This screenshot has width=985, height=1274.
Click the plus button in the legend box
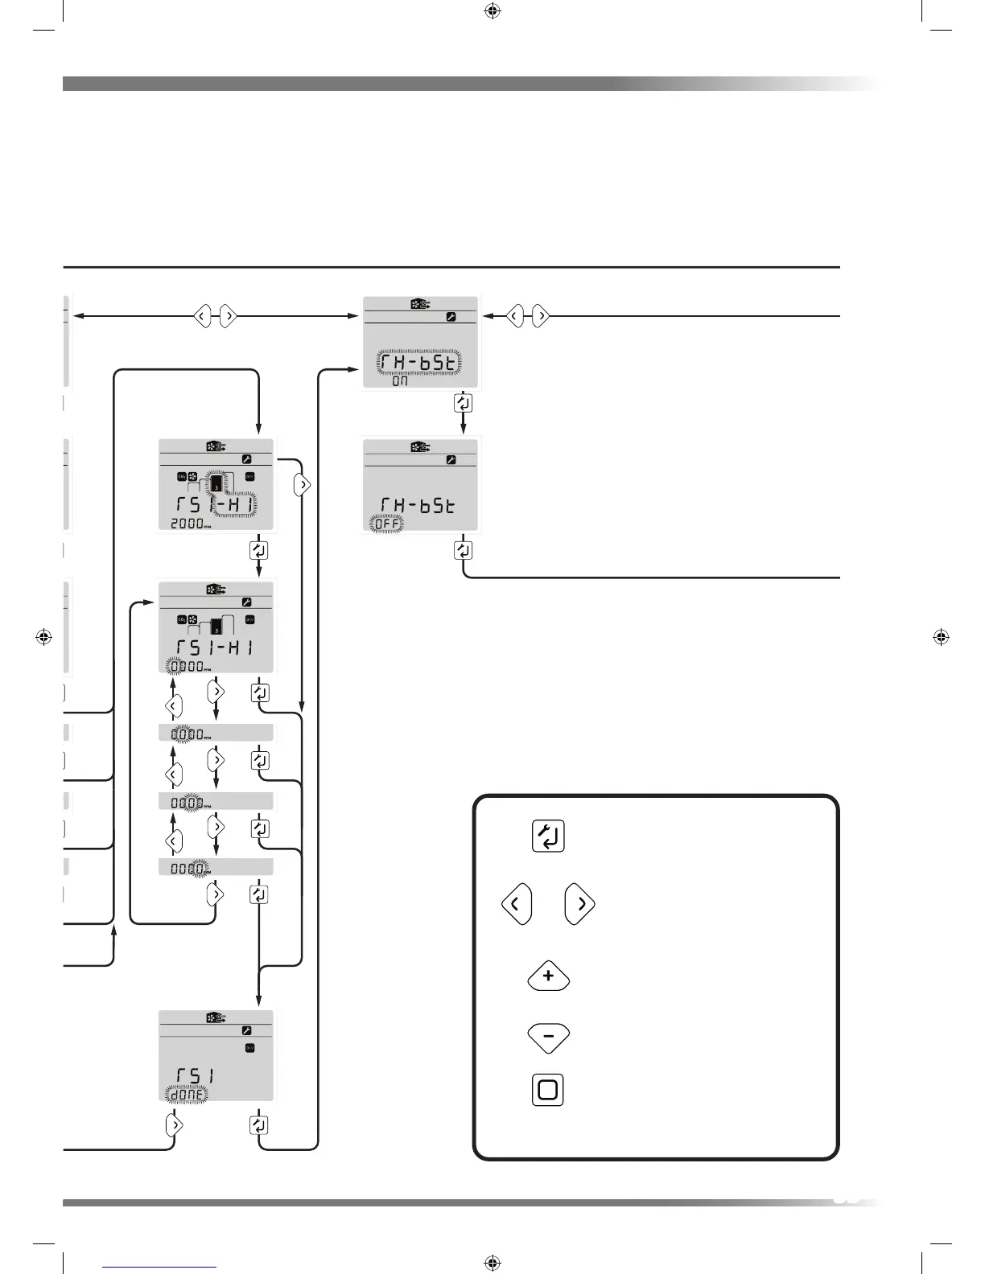(548, 976)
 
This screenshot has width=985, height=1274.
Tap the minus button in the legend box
(548, 1038)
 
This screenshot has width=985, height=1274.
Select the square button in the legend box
(547, 1090)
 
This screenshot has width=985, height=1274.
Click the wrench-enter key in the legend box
(548, 836)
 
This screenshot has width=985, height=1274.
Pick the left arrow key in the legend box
(517, 905)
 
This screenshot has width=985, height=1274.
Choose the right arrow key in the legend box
(579, 905)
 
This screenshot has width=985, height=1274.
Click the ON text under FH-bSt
(400, 381)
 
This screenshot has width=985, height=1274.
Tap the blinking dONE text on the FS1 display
(186, 1094)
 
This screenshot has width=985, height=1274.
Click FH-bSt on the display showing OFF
(418, 505)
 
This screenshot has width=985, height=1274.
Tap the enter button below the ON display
(463, 403)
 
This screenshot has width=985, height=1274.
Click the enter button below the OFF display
(463, 550)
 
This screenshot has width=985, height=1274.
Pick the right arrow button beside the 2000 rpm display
(303, 485)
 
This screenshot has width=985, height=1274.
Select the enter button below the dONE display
(258, 1125)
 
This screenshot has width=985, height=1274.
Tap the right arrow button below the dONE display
(174, 1125)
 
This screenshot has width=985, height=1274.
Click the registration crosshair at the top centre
(493, 11)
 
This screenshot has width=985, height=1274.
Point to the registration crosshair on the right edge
(941, 637)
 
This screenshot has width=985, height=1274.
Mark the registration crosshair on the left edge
(45, 637)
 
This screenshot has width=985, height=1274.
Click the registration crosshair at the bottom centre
(493, 1263)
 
